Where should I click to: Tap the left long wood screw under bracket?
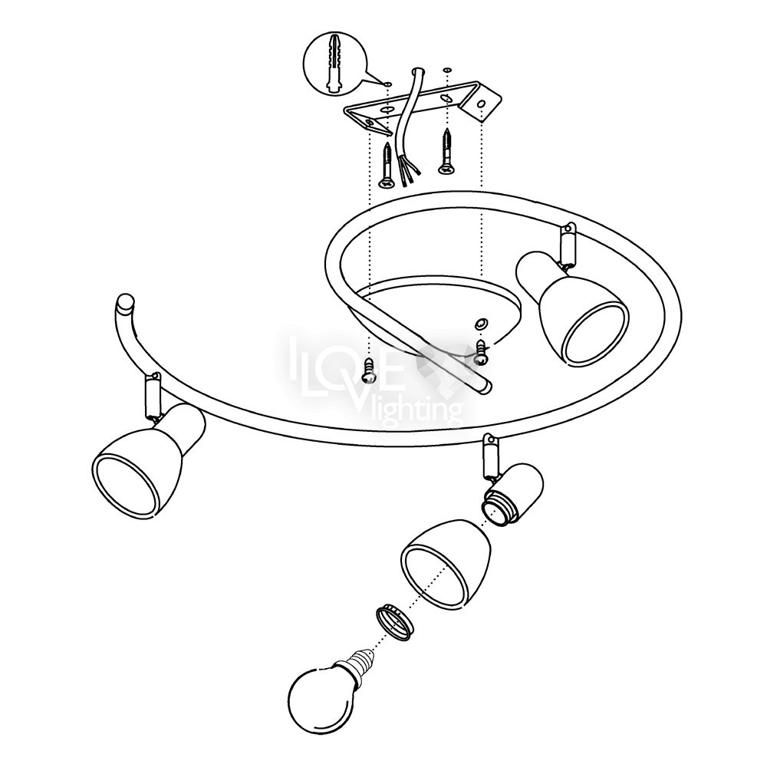coord(387,166)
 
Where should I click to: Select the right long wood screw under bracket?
coord(446,151)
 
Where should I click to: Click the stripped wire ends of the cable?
coord(407,171)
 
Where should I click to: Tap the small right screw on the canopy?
coord(482,352)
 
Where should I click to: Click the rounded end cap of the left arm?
coord(125,301)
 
